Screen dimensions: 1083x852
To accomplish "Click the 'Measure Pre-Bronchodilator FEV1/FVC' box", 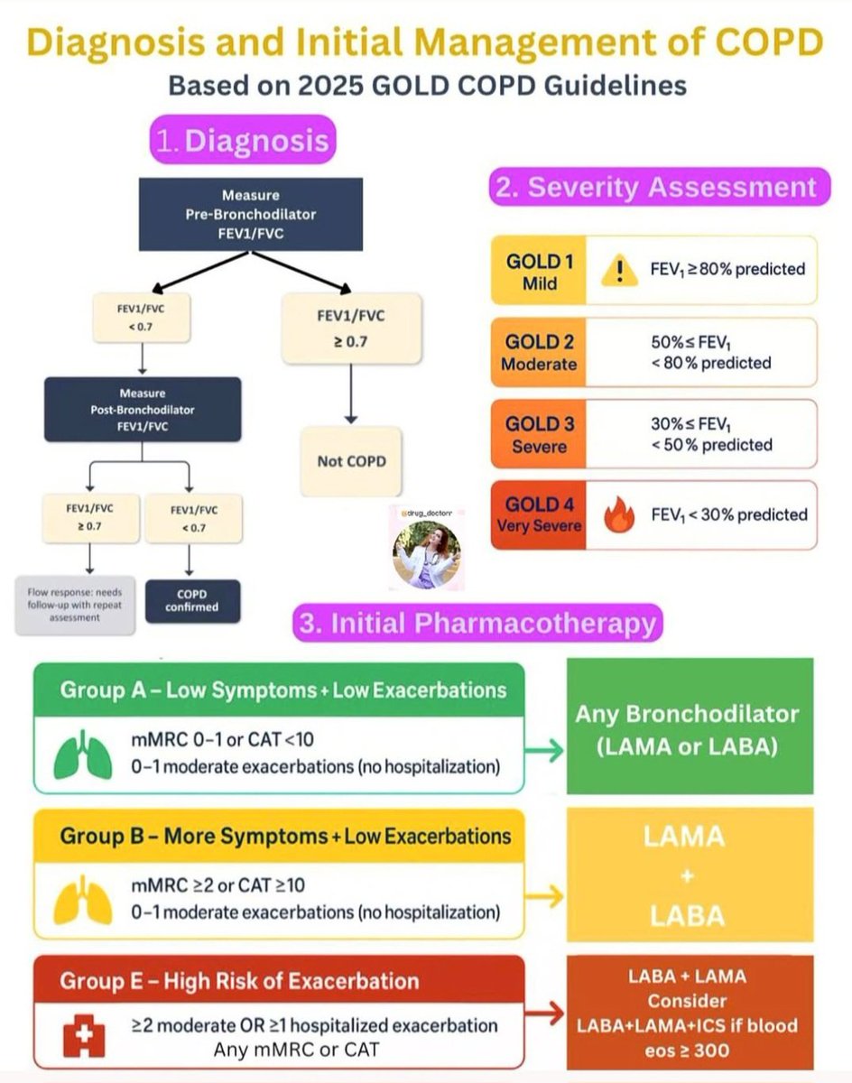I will tap(251, 214).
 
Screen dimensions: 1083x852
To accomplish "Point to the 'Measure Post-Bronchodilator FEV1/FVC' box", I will tap(143, 409).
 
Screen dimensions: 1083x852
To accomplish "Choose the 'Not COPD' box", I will tap(351, 461).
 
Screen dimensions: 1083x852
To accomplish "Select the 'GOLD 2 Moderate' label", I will tap(540, 353).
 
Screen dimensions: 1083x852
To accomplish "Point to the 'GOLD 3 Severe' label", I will tap(540, 434).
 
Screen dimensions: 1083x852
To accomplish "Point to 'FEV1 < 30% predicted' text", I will tap(729, 514).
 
